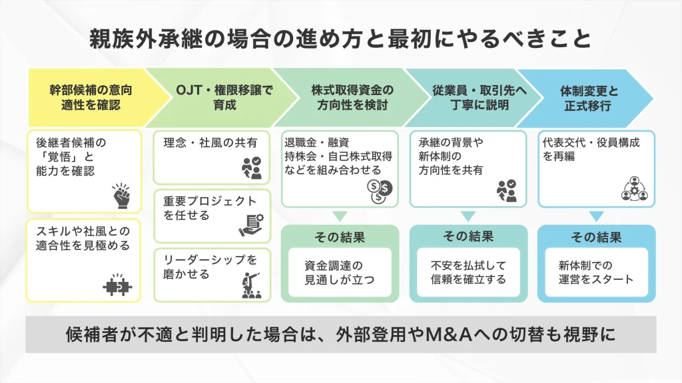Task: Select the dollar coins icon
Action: (380, 191)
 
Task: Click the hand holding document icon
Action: (252, 226)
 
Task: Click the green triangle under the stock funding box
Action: (340, 216)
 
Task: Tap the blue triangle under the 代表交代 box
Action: (596, 216)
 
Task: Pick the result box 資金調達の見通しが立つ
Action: (340, 272)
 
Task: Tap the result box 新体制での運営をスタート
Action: (596, 272)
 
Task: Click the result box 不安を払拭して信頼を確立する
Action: (468, 272)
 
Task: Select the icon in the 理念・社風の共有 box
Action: (252, 168)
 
